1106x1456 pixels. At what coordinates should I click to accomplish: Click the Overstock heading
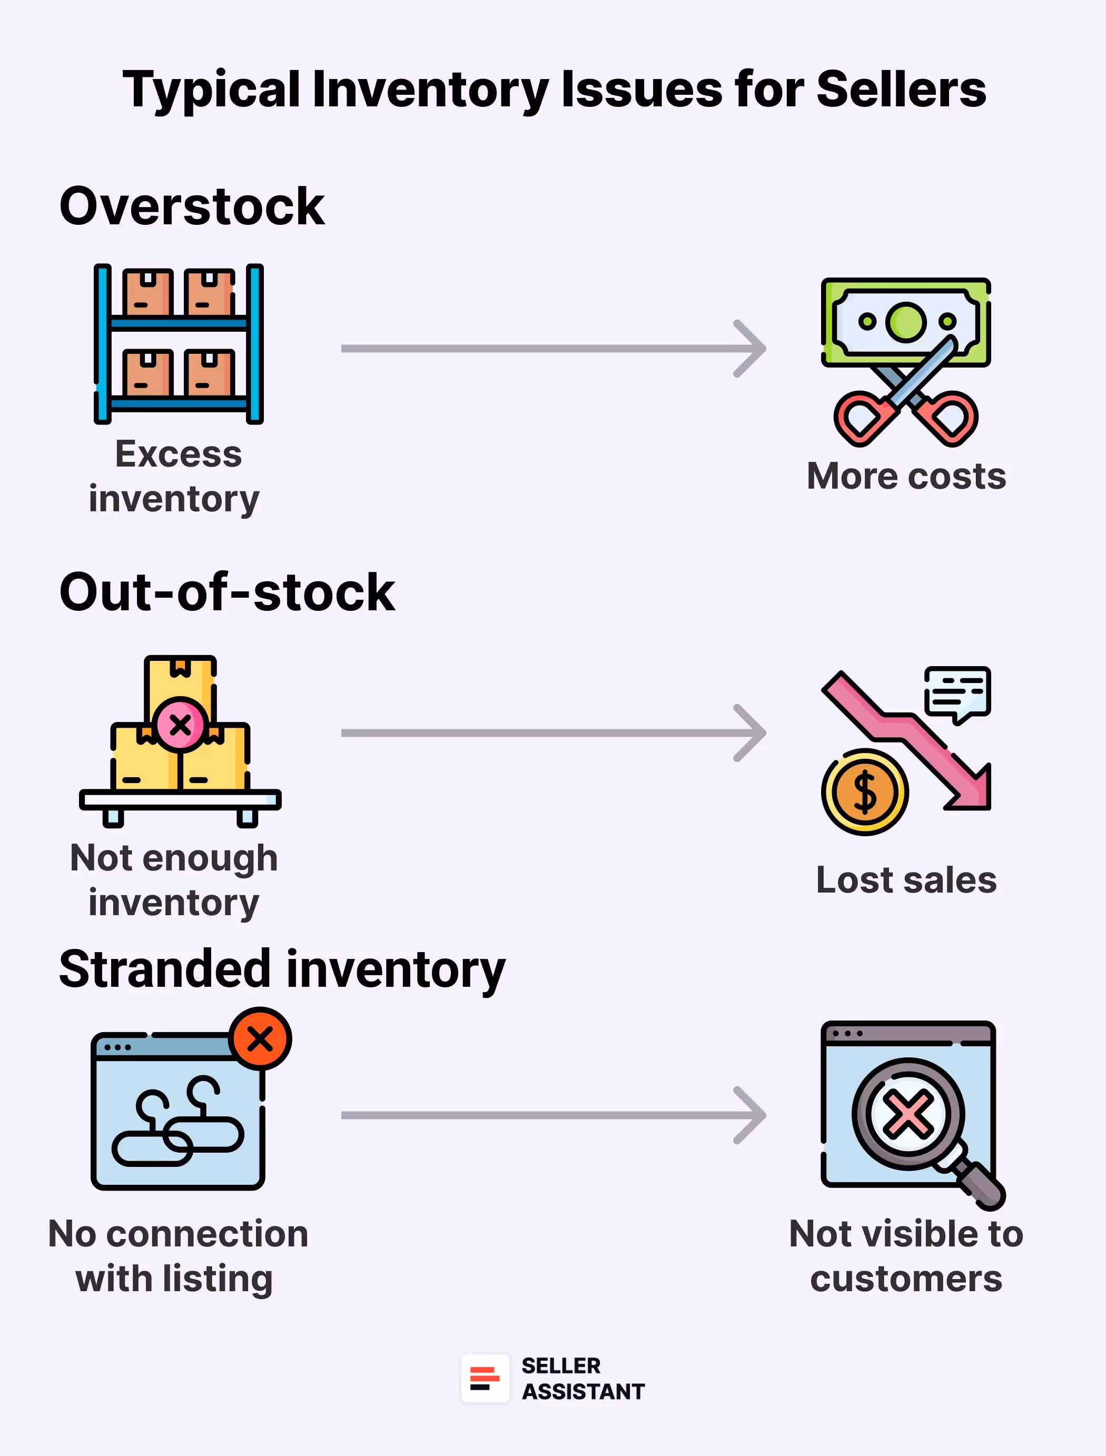point(192,206)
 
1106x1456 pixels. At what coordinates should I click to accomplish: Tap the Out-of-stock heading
point(227,592)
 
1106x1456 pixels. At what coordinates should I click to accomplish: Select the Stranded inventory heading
point(282,969)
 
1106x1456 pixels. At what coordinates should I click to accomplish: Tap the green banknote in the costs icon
point(905,321)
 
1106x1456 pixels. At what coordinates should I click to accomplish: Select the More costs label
point(906,476)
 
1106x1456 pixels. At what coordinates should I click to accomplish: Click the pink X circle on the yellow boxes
point(180,724)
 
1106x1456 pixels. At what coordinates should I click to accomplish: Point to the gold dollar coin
point(864,792)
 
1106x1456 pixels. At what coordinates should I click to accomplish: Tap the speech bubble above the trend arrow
point(957,692)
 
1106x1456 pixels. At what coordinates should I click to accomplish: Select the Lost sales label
point(906,879)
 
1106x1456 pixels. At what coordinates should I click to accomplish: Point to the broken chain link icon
point(178,1122)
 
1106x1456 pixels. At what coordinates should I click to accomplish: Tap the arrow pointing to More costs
point(553,349)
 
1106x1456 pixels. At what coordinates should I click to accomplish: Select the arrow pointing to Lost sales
point(553,732)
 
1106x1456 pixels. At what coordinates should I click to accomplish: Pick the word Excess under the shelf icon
point(179,453)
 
